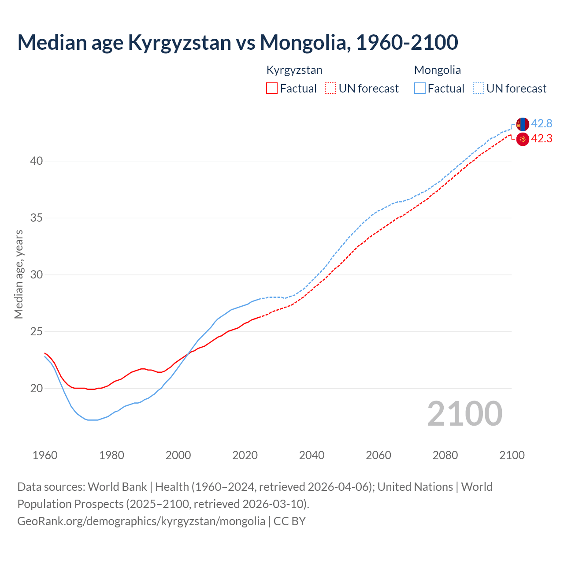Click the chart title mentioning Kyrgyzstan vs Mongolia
[237, 42]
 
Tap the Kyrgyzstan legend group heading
[294, 70]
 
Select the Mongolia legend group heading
[437, 70]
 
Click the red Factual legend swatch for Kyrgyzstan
[272, 89]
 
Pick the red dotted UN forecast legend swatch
[330, 89]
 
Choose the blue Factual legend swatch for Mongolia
[420, 89]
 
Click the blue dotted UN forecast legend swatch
[478, 89]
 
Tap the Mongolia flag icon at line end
[523, 124]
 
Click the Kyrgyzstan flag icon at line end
[523, 139]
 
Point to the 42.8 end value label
[542, 123]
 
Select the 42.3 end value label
[542, 139]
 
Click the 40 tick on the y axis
[37, 161]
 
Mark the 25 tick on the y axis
[37, 332]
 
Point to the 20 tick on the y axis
[37, 389]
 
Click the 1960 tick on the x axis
[45, 455]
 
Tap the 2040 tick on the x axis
[312, 455]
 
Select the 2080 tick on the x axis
[445, 455]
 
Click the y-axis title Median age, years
[19, 274]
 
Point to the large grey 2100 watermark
[464, 413]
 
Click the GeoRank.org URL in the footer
[141, 521]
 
